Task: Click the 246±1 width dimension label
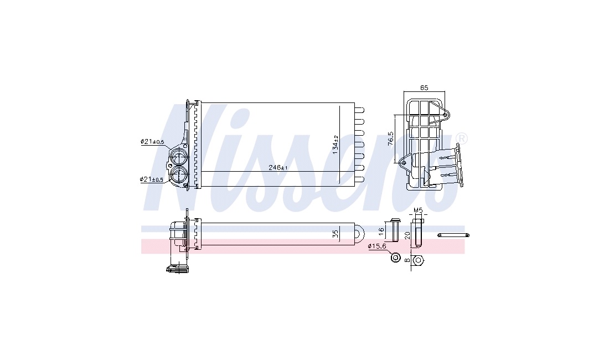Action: [x=278, y=167]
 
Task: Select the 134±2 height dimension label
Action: [x=336, y=145]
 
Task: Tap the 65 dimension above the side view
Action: [x=424, y=88]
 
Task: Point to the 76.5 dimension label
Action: [x=391, y=138]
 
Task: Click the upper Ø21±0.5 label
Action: [x=152, y=142]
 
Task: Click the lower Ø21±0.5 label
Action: [x=152, y=179]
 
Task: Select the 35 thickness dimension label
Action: [x=336, y=234]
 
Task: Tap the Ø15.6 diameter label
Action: [x=377, y=246]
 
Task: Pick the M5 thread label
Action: [x=418, y=210]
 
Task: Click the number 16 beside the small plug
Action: [x=381, y=231]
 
